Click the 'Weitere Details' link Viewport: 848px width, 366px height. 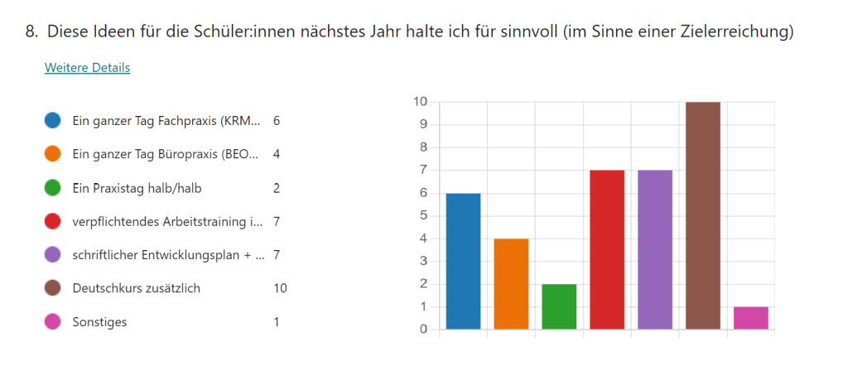[x=87, y=68]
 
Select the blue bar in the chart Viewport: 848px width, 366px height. [x=463, y=261]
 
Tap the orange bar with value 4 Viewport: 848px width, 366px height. [x=511, y=283]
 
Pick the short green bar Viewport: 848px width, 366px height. [x=559, y=306]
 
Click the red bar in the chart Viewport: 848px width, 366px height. [x=607, y=249]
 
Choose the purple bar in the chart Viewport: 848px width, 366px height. [x=655, y=249]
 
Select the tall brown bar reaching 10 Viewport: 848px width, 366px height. [x=703, y=215]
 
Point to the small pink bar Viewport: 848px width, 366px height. [x=751, y=318]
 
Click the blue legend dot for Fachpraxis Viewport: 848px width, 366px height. [x=53, y=121]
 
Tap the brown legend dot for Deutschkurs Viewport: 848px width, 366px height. [x=53, y=288]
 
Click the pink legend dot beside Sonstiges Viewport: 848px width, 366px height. [x=53, y=322]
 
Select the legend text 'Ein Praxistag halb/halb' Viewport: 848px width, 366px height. [x=137, y=188]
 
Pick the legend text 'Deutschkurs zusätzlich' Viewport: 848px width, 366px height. [x=137, y=288]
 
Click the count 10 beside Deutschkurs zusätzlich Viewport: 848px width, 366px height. [x=280, y=288]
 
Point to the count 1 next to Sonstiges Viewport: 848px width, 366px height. [x=277, y=322]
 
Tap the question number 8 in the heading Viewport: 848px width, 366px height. [x=31, y=32]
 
